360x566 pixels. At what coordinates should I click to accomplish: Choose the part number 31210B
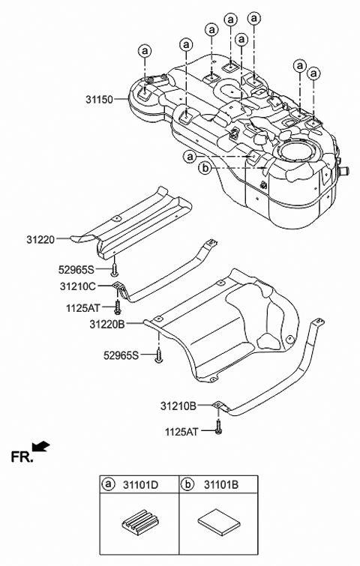point(178,406)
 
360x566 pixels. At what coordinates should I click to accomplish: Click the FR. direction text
point(22,455)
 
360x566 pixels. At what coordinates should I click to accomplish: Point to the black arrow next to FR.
point(42,448)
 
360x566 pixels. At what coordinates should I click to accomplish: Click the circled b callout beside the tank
point(204,169)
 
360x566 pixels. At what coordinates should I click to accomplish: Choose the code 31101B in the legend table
point(220,486)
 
